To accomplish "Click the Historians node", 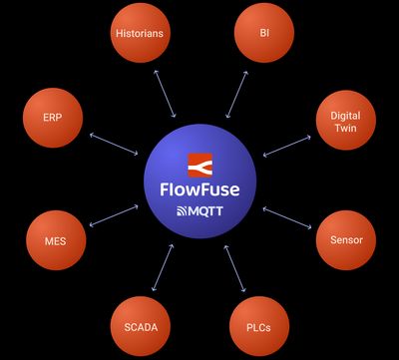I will tap(139, 33).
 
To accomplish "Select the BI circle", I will tap(264, 33).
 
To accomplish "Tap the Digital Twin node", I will tap(345, 122).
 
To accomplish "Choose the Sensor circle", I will tap(345, 240).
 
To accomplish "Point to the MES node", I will tap(55, 240).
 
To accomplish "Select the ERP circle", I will tap(53, 117).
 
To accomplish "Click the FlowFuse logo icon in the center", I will tap(201, 164).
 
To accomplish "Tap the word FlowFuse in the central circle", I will tap(201, 187).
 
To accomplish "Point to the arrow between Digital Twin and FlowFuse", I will tap(287, 146).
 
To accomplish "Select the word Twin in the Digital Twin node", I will tap(345, 129).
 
